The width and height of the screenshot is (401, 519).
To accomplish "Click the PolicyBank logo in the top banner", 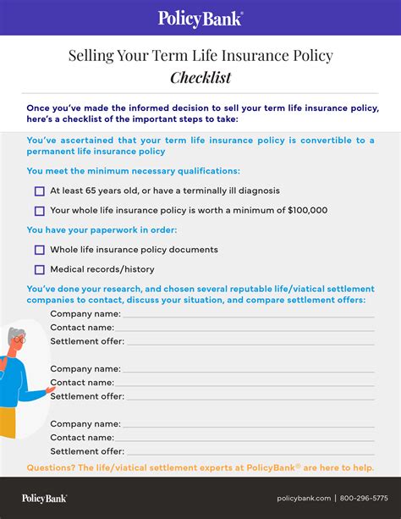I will [200, 17].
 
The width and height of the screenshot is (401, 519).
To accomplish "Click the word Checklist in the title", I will [200, 78].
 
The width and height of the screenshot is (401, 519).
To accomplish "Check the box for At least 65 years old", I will [40, 191].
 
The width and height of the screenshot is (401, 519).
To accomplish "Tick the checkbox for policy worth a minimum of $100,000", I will [40, 211].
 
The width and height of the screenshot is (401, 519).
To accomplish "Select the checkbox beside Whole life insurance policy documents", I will [40, 250].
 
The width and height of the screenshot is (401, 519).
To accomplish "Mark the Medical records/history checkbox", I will [40, 270].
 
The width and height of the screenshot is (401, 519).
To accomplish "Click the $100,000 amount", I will [307, 211].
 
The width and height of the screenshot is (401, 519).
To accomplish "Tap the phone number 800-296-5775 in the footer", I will [365, 498].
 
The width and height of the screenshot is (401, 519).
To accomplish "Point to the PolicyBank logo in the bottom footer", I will [45, 498].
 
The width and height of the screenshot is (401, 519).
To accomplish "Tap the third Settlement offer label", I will [87, 451].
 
